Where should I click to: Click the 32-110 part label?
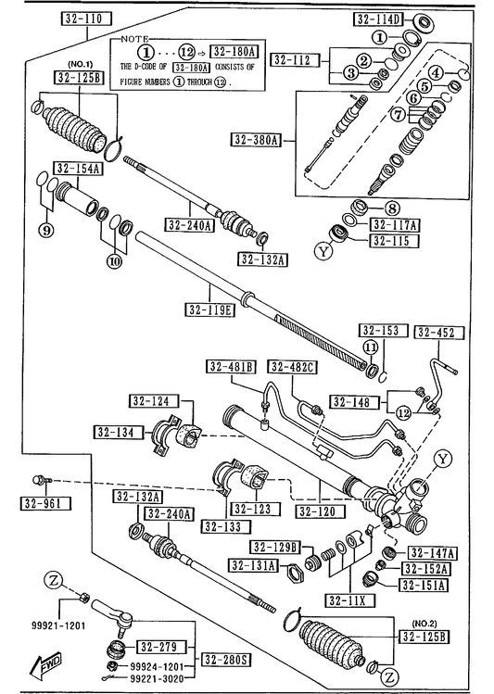coord(86,19)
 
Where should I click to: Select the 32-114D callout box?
coord(378,19)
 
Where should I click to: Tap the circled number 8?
coord(392,208)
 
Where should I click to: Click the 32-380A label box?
coord(257,140)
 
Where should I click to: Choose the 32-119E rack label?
coord(209,309)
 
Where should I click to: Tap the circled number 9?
coord(46,230)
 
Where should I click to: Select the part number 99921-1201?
coord(58,625)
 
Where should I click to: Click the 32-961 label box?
coord(45,503)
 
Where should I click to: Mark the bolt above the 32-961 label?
coord(42,480)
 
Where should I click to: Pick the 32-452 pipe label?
coord(439,332)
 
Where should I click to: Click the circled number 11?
coord(371,347)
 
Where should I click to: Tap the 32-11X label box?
coord(350,600)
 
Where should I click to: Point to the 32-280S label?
coord(226,660)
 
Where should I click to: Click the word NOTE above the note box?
coord(135,40)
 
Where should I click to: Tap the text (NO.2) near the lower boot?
coord(424,624)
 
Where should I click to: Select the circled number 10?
coord(114,261)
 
